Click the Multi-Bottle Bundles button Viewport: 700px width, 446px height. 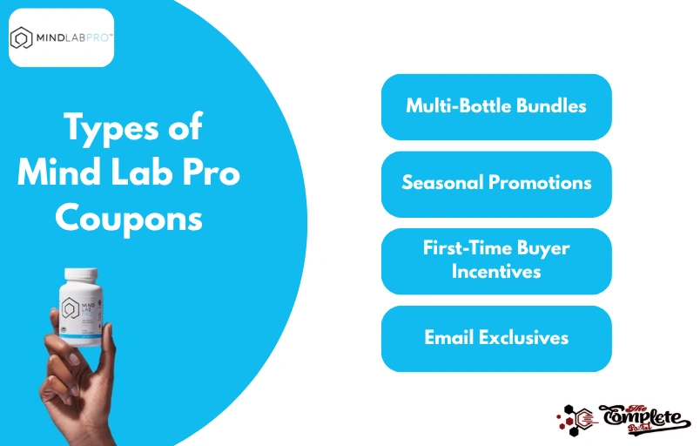click(496, 107)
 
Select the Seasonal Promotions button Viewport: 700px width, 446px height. click(496, 184)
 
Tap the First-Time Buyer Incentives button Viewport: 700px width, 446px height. click(496, 260)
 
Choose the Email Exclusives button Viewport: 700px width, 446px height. click(496, 338)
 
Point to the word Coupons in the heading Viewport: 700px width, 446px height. click(129, 218)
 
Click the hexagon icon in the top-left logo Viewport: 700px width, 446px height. click(21, 38)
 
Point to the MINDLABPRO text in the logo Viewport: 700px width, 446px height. click(71, 38)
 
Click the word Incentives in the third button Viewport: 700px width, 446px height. click(496, 271)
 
